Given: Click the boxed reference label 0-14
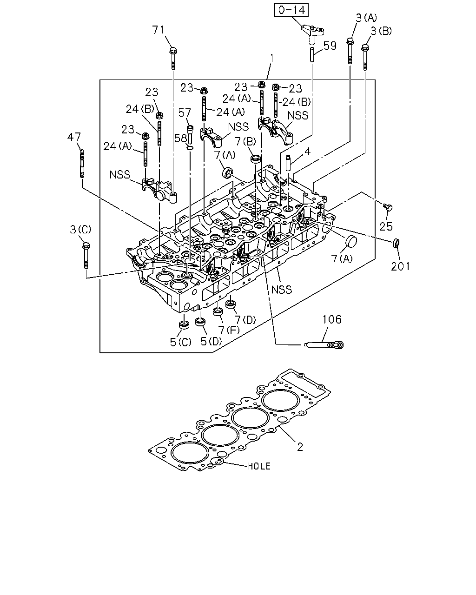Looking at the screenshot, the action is (291, 10).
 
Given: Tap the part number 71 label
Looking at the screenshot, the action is (158, 30).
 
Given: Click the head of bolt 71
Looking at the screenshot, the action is (173, 51).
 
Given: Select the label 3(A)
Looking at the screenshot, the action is (366, 18).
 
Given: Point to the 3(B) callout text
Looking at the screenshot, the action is (381, 31).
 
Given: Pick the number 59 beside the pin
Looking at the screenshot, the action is (330, 46).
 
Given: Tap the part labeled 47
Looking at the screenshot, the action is (82, 164).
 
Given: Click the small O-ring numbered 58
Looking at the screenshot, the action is (190, 148).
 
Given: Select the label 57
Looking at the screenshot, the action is (185, 113).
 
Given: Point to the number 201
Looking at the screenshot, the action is (400, 266).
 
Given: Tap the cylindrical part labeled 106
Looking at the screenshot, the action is (324, 345).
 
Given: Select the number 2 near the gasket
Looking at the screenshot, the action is (300, 447).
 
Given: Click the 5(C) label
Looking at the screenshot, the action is (180, 342).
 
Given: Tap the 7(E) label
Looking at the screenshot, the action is (229, 330).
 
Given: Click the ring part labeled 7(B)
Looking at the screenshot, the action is (256, 159).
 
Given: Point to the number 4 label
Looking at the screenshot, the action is (307, 152).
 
